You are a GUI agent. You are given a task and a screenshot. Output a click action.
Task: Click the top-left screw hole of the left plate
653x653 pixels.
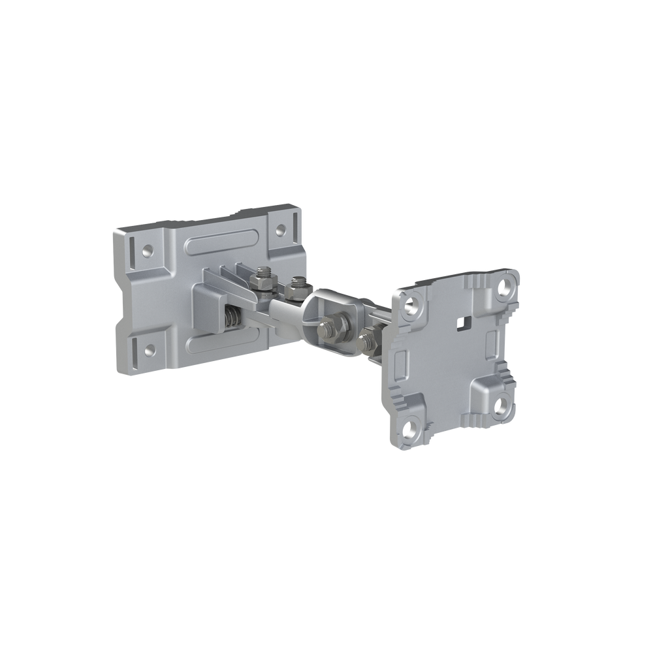tap(149, 249)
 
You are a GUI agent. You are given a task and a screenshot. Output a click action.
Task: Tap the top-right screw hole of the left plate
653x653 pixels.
tap(281, 230)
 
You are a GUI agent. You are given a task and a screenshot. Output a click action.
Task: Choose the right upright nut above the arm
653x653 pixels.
tap(298, 286)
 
